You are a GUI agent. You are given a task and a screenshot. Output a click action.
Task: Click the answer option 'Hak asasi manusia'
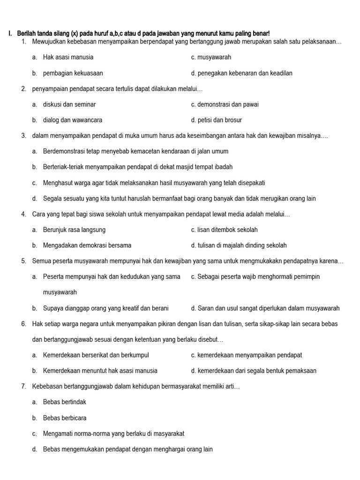[x=68, y=57]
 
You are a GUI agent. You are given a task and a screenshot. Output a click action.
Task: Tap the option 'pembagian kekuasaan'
[x=73, y=73]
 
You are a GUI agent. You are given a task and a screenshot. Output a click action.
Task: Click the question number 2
[x=23, y=89]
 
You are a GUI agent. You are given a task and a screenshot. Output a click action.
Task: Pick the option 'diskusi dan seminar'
[x=69, y=104]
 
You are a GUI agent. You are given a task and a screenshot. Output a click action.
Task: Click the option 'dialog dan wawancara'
[x=73, y=120]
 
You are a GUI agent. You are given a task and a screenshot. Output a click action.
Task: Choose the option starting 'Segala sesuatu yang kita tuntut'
[x=179, y=198]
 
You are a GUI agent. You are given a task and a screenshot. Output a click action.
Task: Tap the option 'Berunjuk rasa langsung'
[x=74, y=230]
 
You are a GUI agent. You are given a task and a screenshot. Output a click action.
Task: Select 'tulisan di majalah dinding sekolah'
[x=242, y=245]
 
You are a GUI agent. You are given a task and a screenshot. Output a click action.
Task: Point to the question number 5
[x=23, y=261]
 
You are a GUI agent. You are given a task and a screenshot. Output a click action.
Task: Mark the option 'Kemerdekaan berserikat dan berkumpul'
[x=96, y=355]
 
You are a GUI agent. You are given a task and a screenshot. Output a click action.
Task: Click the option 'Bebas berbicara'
[x=65, y=418]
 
